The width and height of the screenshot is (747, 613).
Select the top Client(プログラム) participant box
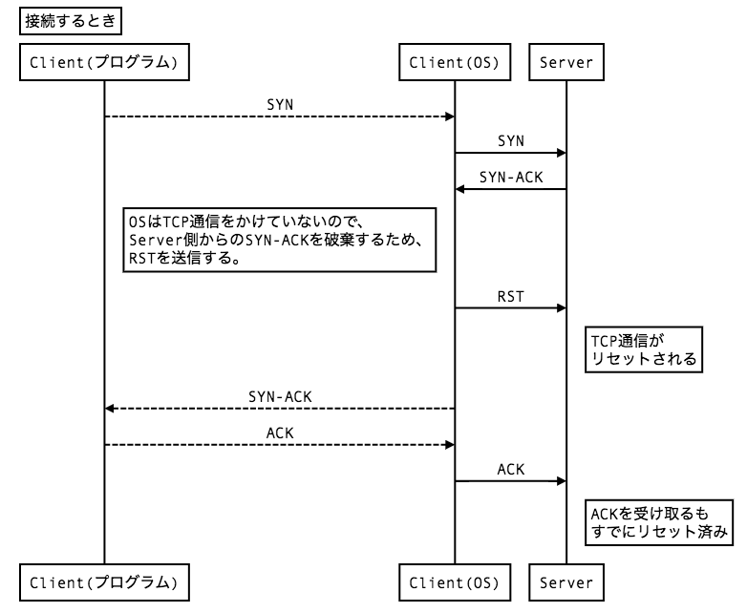103,64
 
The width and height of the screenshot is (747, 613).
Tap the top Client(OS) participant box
455,64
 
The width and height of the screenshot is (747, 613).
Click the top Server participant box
566,64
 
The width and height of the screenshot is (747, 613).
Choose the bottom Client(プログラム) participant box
103,581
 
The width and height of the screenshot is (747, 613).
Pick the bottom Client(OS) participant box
455,581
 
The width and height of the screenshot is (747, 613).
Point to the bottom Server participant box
566,581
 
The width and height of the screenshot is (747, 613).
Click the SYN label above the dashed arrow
279,101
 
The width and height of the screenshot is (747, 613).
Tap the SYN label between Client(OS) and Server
510,138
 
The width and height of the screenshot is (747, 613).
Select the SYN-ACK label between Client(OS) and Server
510,175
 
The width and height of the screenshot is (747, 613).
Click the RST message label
510,295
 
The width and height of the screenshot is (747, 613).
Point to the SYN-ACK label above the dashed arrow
279,394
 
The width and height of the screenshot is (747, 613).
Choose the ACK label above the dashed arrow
279,432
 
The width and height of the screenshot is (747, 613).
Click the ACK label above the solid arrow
510,468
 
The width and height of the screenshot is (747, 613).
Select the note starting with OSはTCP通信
279,242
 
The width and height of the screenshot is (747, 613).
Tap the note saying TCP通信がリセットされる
642,349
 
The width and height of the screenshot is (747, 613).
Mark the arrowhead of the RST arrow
561,307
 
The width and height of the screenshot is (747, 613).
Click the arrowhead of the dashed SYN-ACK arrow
110,408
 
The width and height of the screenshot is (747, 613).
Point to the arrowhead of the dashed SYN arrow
449,116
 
